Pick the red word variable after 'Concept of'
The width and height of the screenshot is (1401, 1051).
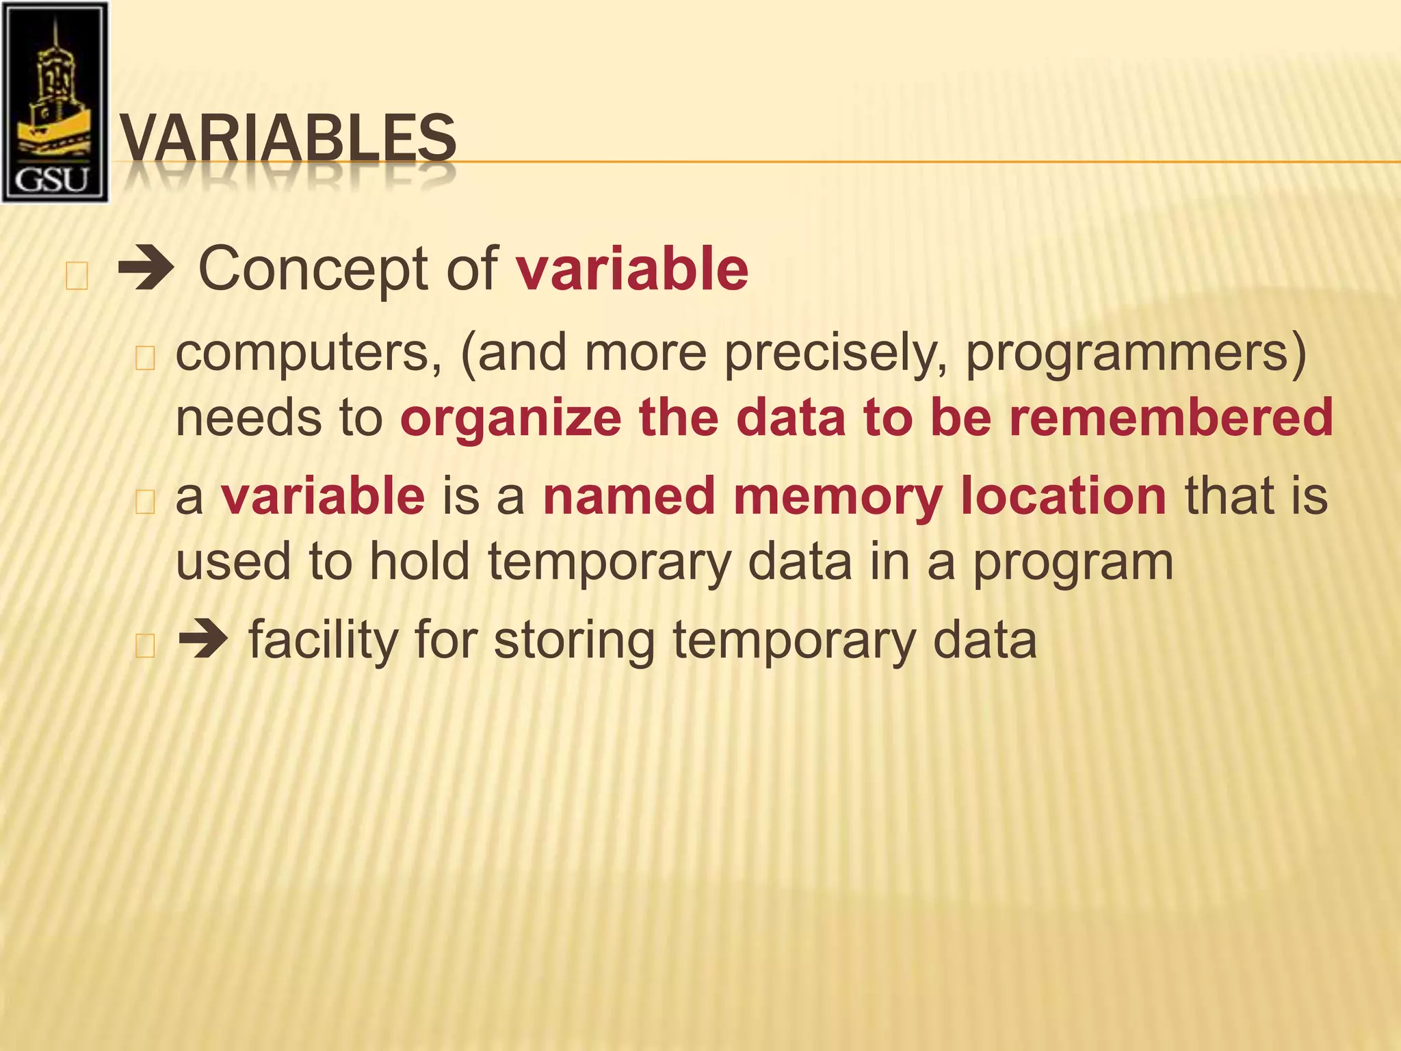tap(632, 268)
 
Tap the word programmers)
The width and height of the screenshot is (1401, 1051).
tap(1136, 354)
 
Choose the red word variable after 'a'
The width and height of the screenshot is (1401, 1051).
tap(323, 495)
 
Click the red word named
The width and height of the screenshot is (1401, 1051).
tap(629, 495)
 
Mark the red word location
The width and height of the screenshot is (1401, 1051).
tap(1063, 495)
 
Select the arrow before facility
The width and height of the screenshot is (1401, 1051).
tap(202, 640)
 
